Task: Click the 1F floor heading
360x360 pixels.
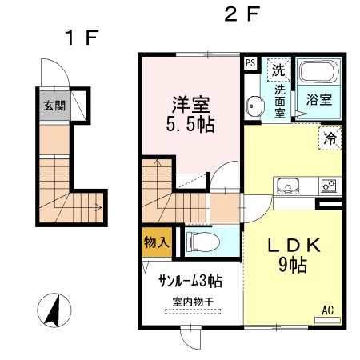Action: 80,37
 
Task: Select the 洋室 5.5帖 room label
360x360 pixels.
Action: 191,114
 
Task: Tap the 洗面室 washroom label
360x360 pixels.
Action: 279,102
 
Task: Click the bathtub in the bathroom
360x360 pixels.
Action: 319,74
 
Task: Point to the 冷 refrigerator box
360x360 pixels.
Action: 330,138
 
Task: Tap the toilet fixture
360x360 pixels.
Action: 198,240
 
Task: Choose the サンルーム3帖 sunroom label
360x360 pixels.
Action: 190,282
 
